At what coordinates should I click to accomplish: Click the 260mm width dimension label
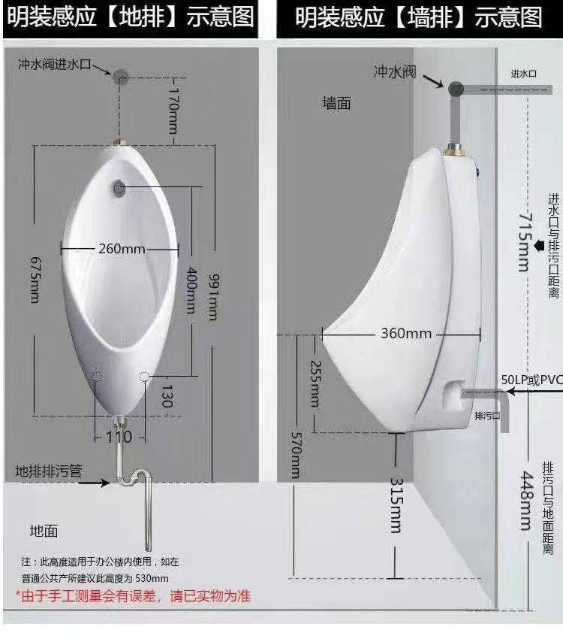point(122,248)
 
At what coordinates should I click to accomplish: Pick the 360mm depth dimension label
point(406,333)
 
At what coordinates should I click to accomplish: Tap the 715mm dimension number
point(522,241)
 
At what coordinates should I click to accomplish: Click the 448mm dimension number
point(526,501)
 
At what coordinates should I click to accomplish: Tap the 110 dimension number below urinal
point(118,437)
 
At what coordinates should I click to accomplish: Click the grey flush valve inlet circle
point(120,75)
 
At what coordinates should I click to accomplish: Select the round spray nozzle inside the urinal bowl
point(117,186)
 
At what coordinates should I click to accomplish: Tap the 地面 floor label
point(44,531)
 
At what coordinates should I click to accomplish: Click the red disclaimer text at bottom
point(133,596)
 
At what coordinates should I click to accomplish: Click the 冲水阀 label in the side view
point(395,71)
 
